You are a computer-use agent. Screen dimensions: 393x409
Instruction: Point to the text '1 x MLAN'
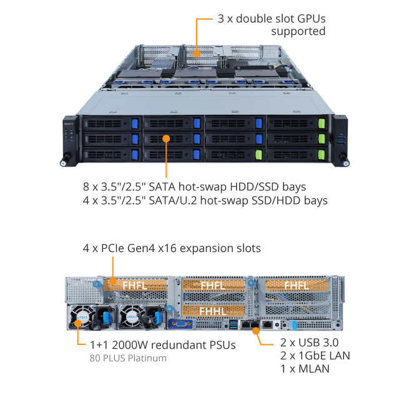click(x=304, y=369)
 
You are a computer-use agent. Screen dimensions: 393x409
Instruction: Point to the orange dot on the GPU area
click(x=196, y=54)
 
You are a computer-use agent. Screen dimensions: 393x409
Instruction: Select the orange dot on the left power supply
click(x=77, y=323)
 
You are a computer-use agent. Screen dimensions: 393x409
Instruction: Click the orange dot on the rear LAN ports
click(x=255, y=331)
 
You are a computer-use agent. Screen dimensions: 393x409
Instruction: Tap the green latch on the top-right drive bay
click(x=322, y=123)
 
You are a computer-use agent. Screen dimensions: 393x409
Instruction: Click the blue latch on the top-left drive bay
click(x=134, y=123)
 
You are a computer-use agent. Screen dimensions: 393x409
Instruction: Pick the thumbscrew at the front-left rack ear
click(x=64, y=163)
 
